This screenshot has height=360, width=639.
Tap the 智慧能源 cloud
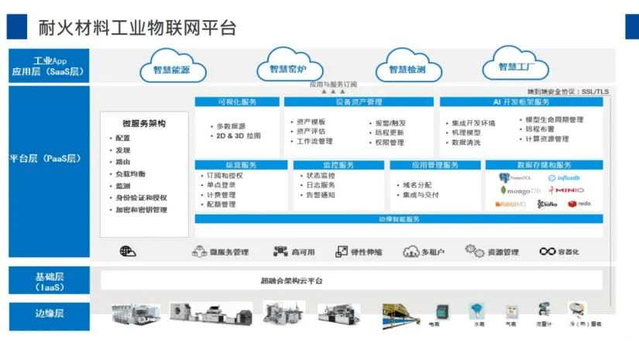click(166, 68)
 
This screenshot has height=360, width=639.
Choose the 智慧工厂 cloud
click(517, 66)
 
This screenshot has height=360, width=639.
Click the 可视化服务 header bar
click(237, 102)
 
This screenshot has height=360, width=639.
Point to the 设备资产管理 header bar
click(359, 102)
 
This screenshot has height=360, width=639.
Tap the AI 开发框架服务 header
click(521, 102)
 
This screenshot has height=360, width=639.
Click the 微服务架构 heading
click(144, 124)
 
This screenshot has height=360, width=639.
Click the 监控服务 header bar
click(338, 165)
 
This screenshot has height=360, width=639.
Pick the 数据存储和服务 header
click(543, 165)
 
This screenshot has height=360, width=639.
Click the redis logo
click(579, 204)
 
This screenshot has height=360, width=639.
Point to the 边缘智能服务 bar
click(399, 219)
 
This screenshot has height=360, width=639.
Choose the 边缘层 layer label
click(49, 314)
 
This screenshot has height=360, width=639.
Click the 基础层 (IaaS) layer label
click(49, 281)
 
